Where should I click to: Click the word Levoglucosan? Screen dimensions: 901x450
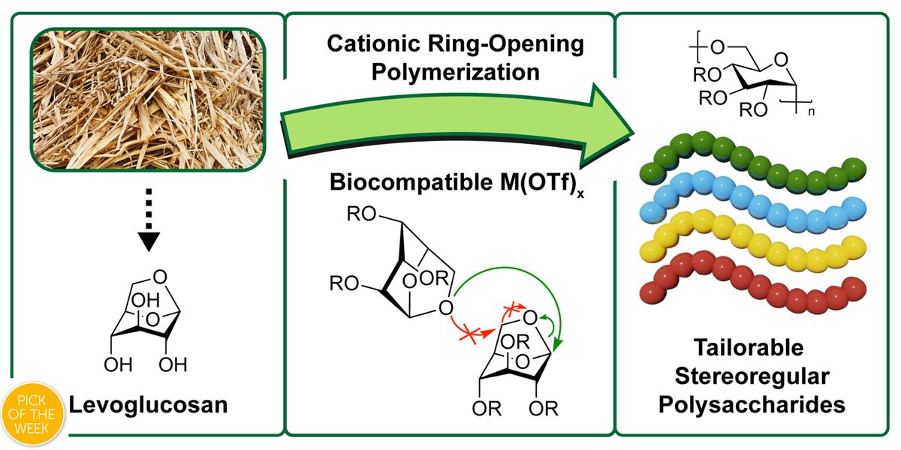[x=149, y=404]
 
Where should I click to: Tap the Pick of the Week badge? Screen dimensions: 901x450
[x=32, y=415]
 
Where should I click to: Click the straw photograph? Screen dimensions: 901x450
[x=148, y=100]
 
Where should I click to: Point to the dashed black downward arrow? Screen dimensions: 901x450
[x=149, y=220]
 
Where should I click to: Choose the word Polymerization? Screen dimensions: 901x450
[x=455, y=72]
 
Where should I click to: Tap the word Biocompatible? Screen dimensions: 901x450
[x=411, y=182]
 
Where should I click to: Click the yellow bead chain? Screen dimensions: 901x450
[x=752, y=241]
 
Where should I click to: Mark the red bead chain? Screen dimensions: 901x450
[x=752, y=283]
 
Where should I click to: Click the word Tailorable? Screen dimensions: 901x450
[x=749, y=347]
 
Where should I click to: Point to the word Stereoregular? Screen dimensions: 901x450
[x=752, y=376]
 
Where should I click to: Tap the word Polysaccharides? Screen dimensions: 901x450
[x=752, y=404]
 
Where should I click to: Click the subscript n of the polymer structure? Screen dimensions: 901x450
[x=812, y=112]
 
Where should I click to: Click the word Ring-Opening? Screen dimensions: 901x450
[x=505, y=43]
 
